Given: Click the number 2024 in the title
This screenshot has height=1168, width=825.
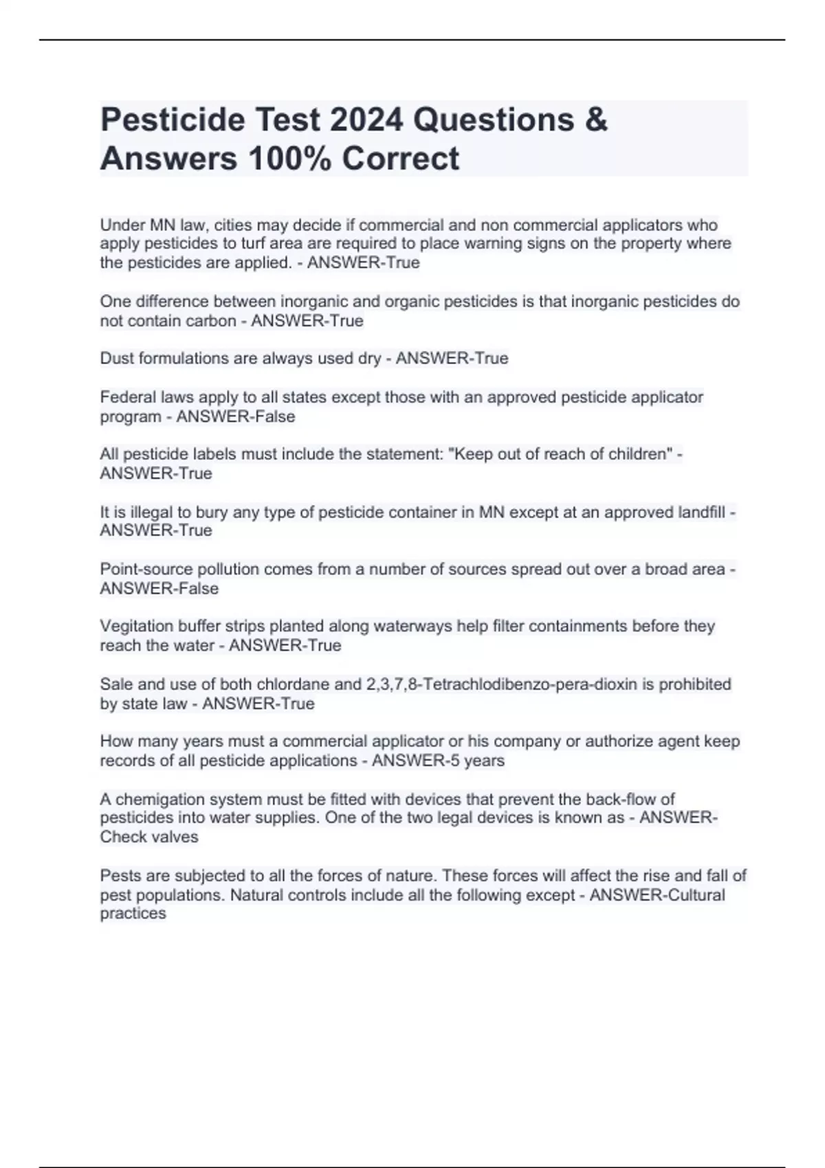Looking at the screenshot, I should (x=366, y=120).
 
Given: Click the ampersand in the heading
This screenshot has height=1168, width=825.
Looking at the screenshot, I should (x=597, y=120).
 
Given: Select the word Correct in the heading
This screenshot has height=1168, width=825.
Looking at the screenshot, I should (x=400, y=159).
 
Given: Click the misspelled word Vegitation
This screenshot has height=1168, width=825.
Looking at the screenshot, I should (x=138, y=627).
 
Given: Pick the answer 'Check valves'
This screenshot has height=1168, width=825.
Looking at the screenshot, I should (x=149, y=837).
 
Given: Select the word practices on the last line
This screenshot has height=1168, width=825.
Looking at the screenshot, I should (x=133, y=914).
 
